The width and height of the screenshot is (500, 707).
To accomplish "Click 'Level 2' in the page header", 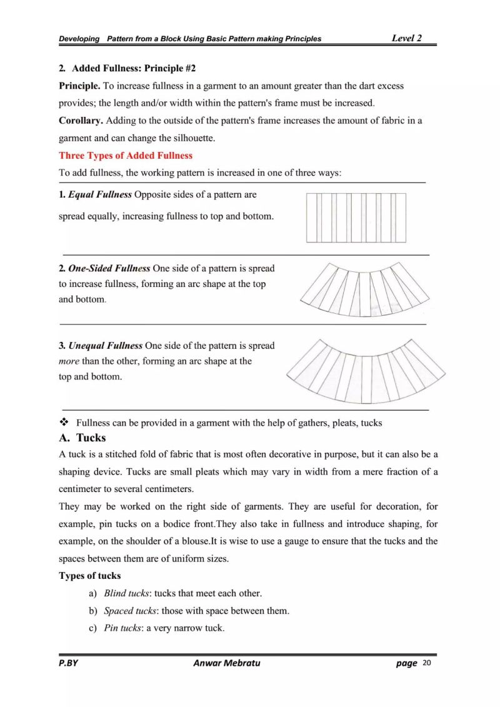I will point(406,38).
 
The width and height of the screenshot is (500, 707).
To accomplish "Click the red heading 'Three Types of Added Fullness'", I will point(126,156).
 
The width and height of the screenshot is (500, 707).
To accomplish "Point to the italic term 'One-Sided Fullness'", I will point(109,268).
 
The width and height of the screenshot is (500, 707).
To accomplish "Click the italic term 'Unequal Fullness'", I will point(106,345).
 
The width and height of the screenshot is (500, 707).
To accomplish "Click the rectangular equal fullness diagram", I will point(356,218).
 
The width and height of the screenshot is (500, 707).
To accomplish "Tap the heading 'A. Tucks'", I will point(82,438).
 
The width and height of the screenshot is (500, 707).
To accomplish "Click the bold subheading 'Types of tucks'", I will point(90,576).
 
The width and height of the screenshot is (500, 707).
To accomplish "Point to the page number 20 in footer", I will point(427,663).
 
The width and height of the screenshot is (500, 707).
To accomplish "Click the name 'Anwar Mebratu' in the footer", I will point(226,663).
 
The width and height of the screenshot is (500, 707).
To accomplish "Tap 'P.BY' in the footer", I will point(69,663).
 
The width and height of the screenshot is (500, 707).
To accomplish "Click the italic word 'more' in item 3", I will point(69,361).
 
